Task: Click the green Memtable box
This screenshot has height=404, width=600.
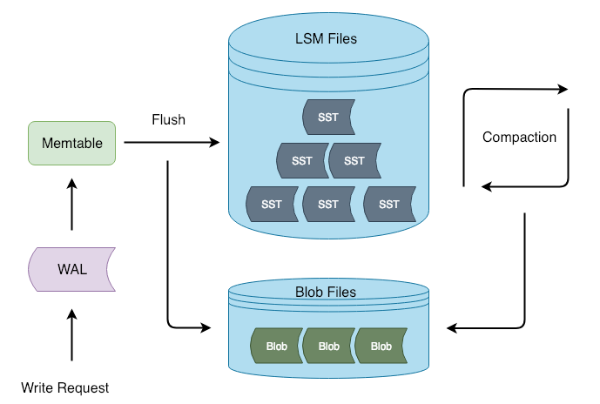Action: click(x=71, y=144)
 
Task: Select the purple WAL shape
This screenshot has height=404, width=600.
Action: click(x=71, y=268)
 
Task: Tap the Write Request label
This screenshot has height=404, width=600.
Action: click(x=65, y=387)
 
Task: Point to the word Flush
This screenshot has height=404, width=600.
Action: click(x=168, y=119)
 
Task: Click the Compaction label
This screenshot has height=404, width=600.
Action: click(x=519, y=137)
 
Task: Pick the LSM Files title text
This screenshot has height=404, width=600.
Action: click(x=327, y=39)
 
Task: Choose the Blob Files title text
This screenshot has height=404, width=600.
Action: click(x=327, y=292)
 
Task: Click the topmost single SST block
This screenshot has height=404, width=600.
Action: click(x=327, y=118)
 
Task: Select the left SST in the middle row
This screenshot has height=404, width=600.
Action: click(x=301, y=161)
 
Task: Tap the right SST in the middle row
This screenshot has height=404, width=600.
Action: click(x=354, y=161)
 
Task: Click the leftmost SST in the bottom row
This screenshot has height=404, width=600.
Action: click(x=271, y=205)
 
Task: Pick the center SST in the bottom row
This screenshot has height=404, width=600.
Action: click(x=327, y=205)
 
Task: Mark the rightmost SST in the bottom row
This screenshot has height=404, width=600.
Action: click(x=388, y=205)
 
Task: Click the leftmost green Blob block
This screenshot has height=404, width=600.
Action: click(x=276, y=346)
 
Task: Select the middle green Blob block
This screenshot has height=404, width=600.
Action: click(x=328, y=346)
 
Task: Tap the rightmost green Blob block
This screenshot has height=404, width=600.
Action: click(x=381, y=346)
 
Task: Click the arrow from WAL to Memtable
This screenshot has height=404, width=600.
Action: click(x=71, y=205)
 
